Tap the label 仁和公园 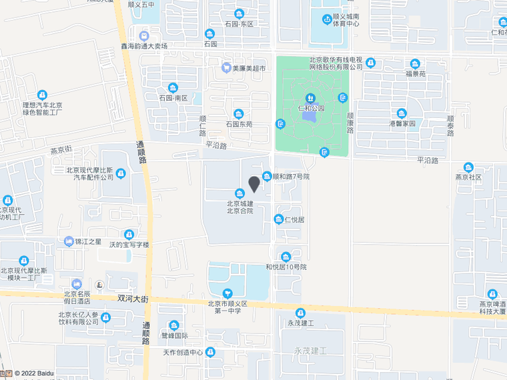coord(311,108)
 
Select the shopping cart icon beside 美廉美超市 coord(227,68)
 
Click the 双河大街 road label coord(132,300)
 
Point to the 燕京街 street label coord(61,150)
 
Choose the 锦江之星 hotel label coord(88,241)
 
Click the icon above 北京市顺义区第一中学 coord(227,293)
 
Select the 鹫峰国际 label coord(175,336)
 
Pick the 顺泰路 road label coord(450,125)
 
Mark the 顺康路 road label coord(350,123)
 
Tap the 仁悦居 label coord(294,219)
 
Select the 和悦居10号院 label coord(286,267)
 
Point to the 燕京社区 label coord(468,177)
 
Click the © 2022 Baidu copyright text coord(34,373)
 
